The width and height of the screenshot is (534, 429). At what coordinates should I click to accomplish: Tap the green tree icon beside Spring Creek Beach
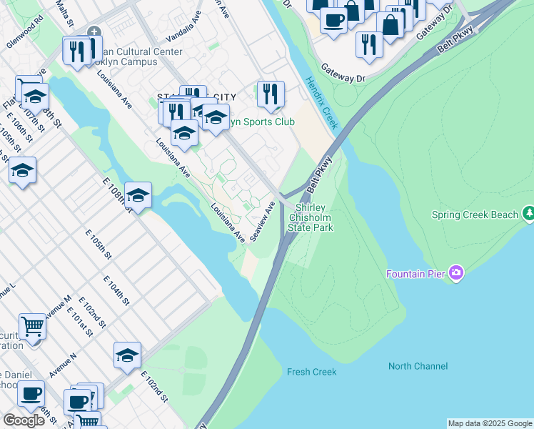click(x=528, y=213)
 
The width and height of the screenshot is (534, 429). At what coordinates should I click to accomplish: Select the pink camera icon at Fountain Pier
click(x=456, y=273)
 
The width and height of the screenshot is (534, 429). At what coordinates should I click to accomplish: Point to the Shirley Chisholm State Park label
click(x=311, y=217)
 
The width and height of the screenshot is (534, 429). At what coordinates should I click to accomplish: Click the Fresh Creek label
click(x=311, y=372)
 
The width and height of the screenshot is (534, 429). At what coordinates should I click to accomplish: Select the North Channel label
click(x=418, y=366)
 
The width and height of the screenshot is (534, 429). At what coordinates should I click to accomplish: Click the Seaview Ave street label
click(x=262, y=221)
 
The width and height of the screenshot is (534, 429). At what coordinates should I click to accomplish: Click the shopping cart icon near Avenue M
click(x=32, y=327)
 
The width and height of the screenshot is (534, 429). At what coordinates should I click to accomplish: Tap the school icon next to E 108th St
click(x=138, y=194)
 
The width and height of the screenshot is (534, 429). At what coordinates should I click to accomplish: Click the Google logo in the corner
click(x=24, y=420)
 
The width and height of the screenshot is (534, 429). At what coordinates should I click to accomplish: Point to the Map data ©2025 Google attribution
click(x=489, y=423)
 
